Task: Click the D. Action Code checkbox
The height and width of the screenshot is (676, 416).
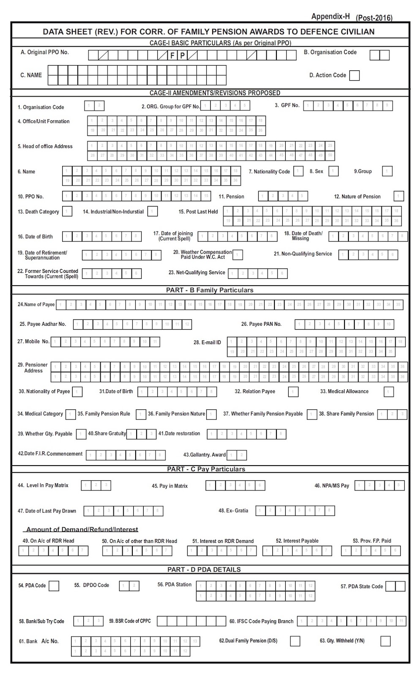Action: tap(355, 76)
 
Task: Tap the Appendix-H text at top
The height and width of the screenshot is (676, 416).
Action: tap(331, 16)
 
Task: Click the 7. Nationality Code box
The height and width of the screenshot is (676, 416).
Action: tap(298, 171)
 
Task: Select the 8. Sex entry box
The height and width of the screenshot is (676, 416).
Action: tap(334, 171)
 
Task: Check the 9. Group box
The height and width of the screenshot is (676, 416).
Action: tap(387, 171)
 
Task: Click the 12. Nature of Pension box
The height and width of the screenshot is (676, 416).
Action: tap(398, 196)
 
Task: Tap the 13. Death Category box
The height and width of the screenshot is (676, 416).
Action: tap(67, 211)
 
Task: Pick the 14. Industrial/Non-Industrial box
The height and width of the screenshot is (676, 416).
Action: tap(153, 211)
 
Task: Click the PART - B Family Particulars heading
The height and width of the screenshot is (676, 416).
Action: tap(210, 290)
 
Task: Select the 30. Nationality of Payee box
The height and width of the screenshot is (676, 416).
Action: tap(77, 392)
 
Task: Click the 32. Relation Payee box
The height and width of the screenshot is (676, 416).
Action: tap(293, 392)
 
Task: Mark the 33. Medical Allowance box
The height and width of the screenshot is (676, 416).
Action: tap(389, 392)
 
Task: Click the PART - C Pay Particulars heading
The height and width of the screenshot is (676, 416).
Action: tap(206, 469)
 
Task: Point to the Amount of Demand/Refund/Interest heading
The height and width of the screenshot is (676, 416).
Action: tap(82, 529)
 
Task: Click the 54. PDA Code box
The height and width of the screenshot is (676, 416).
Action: tap(54, 586)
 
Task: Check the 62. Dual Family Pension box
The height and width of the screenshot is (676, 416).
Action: tap(295, 641)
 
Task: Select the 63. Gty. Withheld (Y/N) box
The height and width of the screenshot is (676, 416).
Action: tap(385, 641)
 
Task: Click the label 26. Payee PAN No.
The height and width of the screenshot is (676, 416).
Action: tap(261, 324)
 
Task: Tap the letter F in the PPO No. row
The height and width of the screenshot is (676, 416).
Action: tap(172, 55)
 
